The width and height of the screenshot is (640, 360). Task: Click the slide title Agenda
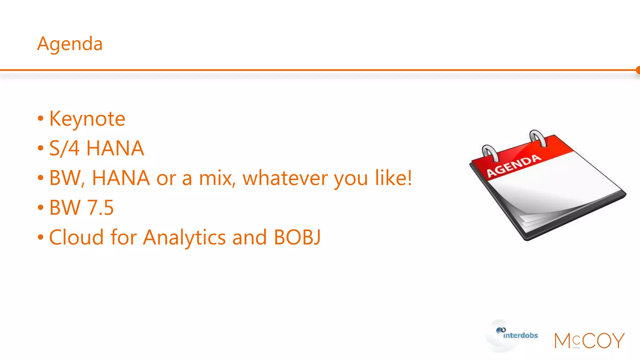tap(70, 44)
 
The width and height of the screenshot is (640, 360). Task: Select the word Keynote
tap(87, 119)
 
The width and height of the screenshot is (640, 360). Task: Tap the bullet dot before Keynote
tap(40, 119)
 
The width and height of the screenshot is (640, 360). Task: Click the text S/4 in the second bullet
tap(64, 148)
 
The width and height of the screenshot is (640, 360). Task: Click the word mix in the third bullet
tap(217, 178)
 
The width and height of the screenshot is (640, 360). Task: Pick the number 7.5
tap(100, 207)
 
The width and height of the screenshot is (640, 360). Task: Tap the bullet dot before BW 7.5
tap(40, 207)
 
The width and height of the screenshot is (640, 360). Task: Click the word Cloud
tap(76, 237)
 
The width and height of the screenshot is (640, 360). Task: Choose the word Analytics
tap(184, 238)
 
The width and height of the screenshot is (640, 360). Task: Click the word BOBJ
tap(297, 237)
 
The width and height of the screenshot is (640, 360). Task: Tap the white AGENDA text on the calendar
tap(514, 166)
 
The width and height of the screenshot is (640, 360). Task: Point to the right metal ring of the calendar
tap(537, 138)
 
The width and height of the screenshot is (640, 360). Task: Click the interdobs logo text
tap(520, 336)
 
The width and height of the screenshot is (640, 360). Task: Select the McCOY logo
tap(589, 341)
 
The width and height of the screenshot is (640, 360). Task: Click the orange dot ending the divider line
tap(638, 70)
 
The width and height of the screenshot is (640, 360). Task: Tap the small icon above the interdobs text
tap(501, 330)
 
